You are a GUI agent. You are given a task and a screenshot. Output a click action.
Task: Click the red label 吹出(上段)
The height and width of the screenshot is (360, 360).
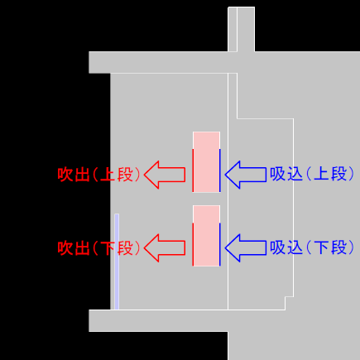pyautogui.click(x=99, y=175)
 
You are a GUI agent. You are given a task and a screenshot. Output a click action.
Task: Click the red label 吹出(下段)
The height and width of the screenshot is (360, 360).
pyautogui.click(x=99, y=247)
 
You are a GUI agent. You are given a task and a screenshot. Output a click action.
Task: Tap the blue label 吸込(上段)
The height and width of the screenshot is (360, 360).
pyautogui.click(x=312, y=174)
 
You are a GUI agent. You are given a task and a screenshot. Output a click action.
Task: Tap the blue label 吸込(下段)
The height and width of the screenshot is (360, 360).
pyautogui.click(x=312, y=247)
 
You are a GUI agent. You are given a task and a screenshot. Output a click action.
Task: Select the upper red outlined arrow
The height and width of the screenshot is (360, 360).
pyautogui.click(x=165, y=175)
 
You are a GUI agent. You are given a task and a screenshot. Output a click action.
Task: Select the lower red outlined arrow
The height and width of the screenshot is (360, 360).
pyautogui.click(x=165, y=247)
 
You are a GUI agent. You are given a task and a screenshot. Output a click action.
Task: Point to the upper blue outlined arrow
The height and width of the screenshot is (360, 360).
pyautogui.click(x=246, y=175)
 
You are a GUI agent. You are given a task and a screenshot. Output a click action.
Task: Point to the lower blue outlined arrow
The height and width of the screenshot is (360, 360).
pyautogui.click(x=246, y=247)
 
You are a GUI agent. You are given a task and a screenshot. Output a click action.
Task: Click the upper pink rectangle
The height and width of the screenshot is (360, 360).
pyautogui.click(x=206, y=161)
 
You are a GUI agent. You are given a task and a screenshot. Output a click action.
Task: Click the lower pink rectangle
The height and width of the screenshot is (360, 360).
pyautogui.click(x=206, y=235)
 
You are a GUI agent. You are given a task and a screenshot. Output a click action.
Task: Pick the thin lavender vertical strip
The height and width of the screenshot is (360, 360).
pyautogui.click(x=117, y=262)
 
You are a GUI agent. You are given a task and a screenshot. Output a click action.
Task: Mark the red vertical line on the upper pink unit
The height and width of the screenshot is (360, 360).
pyautogui.click(x=193, y=170)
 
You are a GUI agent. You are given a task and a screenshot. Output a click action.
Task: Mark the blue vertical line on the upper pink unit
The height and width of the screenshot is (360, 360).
pyautogui.click(x=220, y=170)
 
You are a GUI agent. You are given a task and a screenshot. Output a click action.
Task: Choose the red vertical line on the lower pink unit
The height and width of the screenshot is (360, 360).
pyautogui.click(x=193, y=244)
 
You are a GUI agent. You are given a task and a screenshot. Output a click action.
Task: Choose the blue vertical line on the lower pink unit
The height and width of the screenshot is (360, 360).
pyautogui.click(x=220, y=244)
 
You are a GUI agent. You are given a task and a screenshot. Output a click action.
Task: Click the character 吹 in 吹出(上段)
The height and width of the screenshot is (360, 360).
pyautogui.click(x=65, y=175)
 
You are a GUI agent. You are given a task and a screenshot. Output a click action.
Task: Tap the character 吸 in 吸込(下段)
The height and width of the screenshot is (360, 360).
pyautogui.click(x=277, y=247)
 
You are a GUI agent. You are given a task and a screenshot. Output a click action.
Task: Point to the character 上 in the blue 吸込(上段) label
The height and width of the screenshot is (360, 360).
pyautogui.click(x=322, y=174)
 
